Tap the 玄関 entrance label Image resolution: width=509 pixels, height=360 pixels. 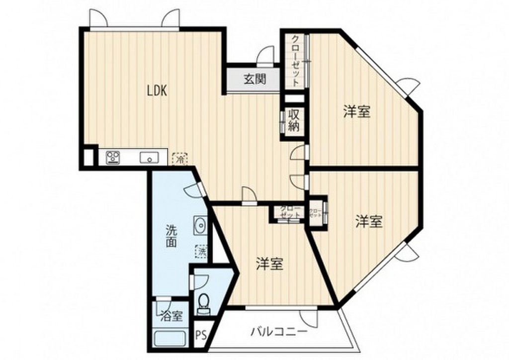point(254,79)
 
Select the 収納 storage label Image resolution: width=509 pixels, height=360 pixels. point(293,120)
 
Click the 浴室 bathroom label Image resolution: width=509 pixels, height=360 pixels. point(171,316)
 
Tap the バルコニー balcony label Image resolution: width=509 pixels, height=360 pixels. point(278,331)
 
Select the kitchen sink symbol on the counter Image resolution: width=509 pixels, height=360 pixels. point(148,158)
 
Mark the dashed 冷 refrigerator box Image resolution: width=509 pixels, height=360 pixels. point(180,159)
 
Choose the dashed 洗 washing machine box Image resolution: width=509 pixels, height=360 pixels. point(202,252)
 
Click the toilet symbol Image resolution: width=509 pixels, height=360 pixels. point(203,304)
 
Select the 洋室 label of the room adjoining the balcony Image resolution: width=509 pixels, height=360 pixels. point(270,265)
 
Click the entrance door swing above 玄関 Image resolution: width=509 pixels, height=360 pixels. point(267,56)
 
